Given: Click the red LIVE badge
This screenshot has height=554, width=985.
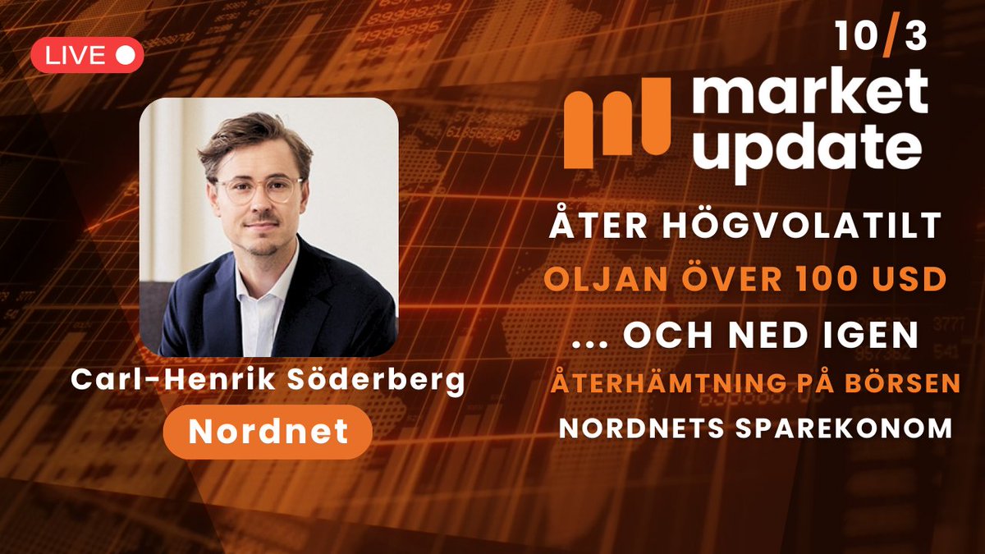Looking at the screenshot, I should coord(87,55).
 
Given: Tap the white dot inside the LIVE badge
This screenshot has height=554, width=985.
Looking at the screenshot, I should coord(126,55).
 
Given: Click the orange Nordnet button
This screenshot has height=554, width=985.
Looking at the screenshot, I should coord(267,432).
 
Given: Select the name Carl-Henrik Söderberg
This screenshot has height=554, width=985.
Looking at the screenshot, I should coord(268,381).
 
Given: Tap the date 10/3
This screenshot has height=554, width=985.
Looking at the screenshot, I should coord(881,38).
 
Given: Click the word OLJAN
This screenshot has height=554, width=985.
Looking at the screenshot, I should coord(596,279).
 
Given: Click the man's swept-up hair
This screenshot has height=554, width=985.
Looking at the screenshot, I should coord(254,135).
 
